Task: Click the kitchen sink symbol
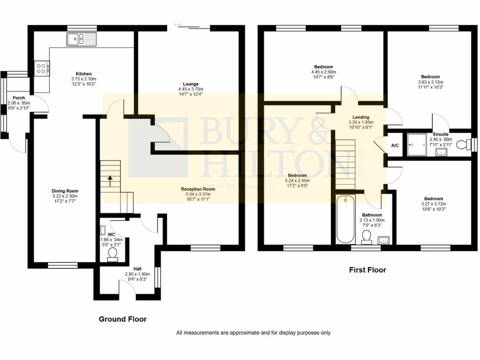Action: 81,39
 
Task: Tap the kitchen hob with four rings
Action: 41,69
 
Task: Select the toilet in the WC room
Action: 112,254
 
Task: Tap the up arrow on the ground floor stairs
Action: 111,179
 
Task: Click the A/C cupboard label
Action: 395,146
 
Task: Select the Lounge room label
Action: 191,84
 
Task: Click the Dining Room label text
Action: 65,191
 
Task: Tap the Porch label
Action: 19,98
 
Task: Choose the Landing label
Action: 361,117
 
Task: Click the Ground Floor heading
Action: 122,319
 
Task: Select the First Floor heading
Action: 367,270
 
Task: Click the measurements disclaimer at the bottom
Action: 253,333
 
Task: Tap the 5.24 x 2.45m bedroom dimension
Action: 298,180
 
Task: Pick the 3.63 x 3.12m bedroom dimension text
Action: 430,82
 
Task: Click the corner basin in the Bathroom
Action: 383,240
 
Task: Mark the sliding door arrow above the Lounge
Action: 178,24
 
